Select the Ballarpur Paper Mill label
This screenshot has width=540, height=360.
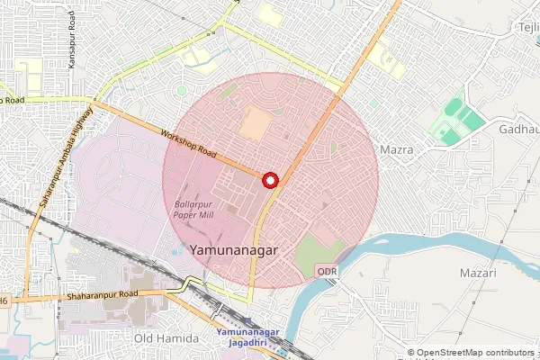point(193,211)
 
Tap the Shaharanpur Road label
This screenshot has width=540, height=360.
point(101,293)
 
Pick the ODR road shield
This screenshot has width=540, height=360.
point(327,271)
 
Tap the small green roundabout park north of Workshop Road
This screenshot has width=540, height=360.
point(182,90)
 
